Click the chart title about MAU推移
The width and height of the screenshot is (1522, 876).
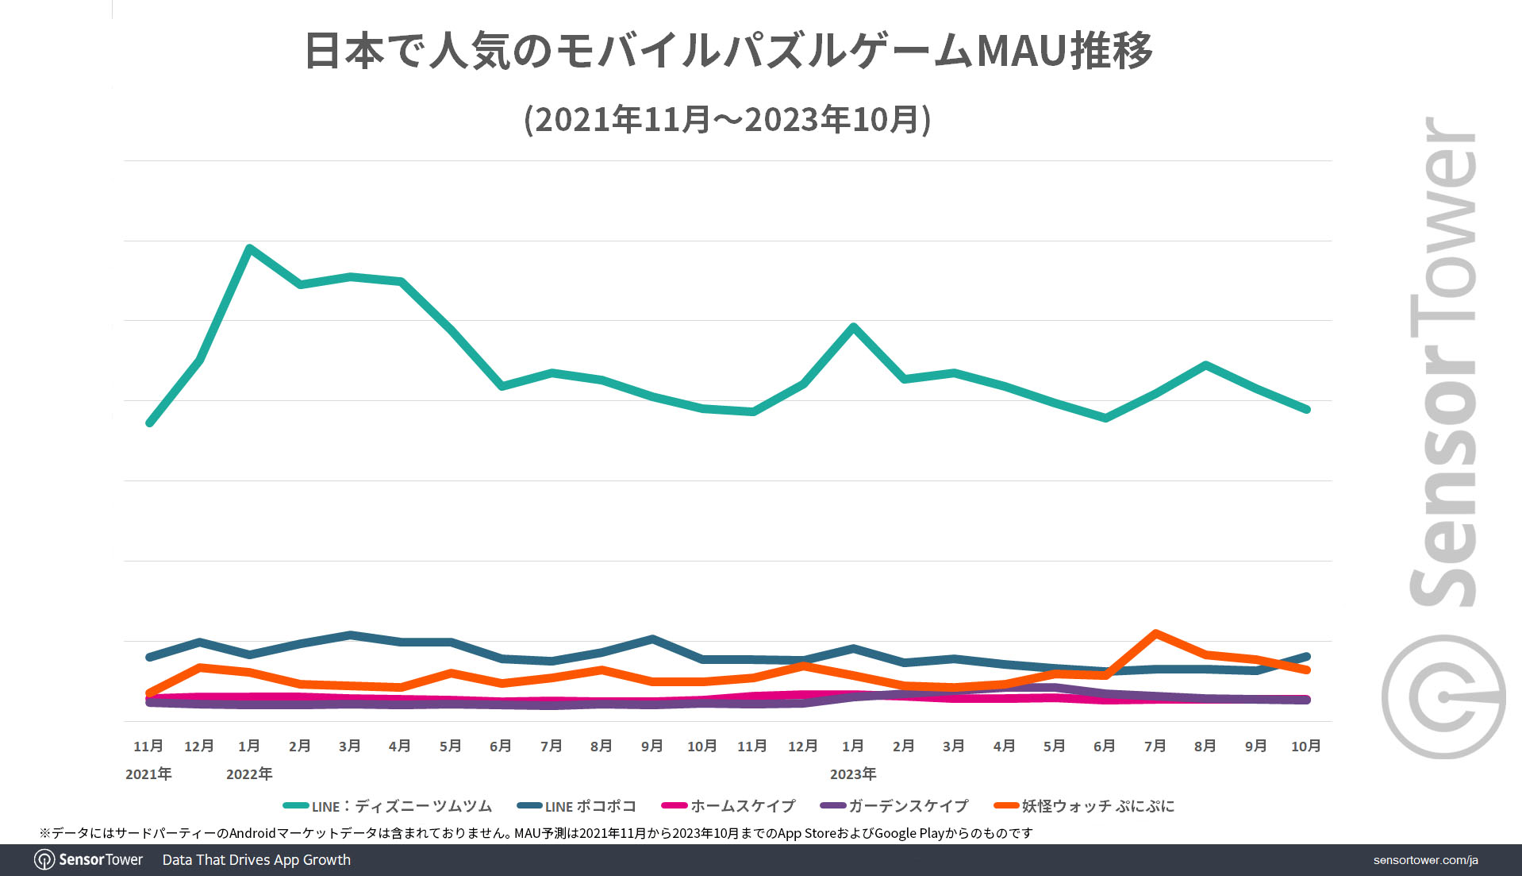pos(728,52)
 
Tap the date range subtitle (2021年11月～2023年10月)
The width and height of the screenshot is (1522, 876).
pos(728,120)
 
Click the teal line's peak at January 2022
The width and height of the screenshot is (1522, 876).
pos(250,249)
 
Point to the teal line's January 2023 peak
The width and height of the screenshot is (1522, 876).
pos(853,326)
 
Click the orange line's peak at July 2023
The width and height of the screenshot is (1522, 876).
pos(1155,633)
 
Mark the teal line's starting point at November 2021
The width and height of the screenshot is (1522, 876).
pos(149,423)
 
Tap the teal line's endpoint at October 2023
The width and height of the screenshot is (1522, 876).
pos(1306,409)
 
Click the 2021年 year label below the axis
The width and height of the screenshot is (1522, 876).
pos(148,774)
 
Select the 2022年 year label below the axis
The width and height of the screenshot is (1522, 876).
pos(249,774)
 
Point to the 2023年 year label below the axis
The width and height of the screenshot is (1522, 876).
pos(853,774)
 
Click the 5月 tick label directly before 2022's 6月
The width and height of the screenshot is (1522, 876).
pos(450,746)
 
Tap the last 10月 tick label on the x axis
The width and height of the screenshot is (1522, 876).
pos(1305,746)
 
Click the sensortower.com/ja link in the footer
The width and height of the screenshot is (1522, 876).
pos(1425,860)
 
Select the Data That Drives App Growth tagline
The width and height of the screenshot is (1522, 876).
pos(256,860)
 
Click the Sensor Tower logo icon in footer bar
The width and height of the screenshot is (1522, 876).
pos(44,860)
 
